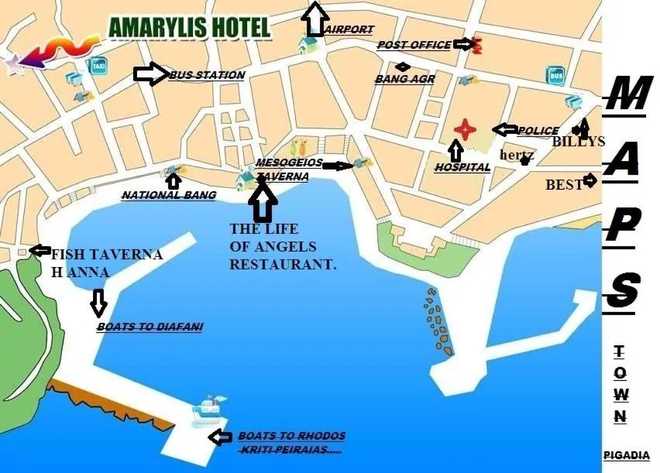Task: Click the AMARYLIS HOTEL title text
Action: [190, 28]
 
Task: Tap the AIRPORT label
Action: [349, 29]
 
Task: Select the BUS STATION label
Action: [206, 75]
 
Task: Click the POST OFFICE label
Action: [414, 45]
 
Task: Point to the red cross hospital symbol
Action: [463, 129]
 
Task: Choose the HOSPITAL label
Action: [462, 167]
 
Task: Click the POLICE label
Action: [538, 131]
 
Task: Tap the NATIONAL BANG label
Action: [168, 196]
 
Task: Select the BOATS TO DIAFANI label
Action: [150, 327]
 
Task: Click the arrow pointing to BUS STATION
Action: [150, 74]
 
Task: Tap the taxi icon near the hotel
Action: [98, 65]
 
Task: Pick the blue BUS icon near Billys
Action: [556, 75]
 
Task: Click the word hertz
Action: [517, 155]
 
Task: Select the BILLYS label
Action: [578, 142]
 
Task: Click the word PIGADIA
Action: [626, 455]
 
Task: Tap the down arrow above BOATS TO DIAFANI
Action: [98, 303]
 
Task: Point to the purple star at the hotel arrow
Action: [14, 64]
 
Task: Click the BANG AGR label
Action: [404, 79]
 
